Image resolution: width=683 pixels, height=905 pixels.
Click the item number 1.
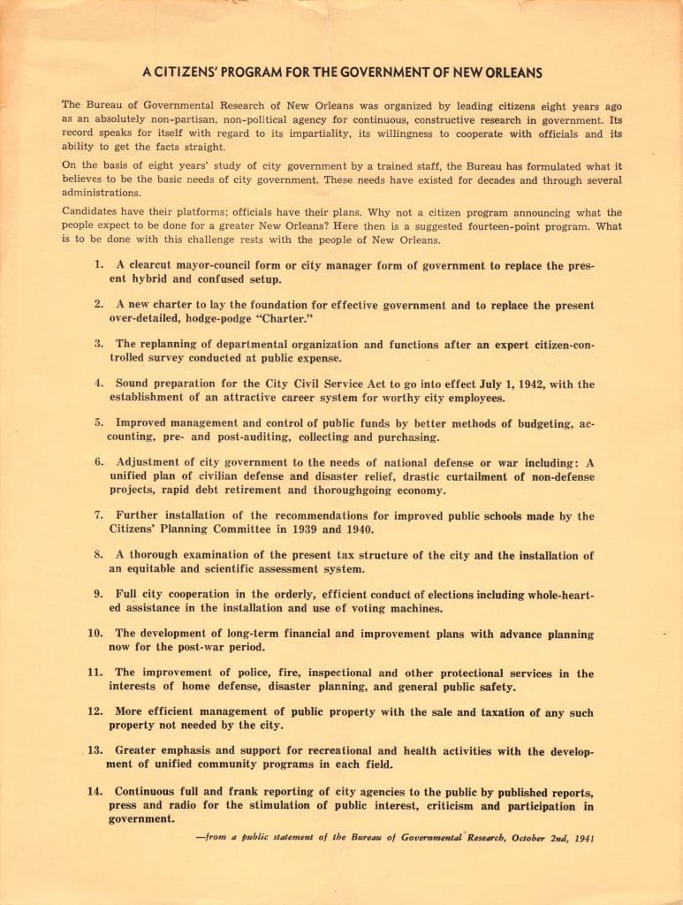click(99, 264)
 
